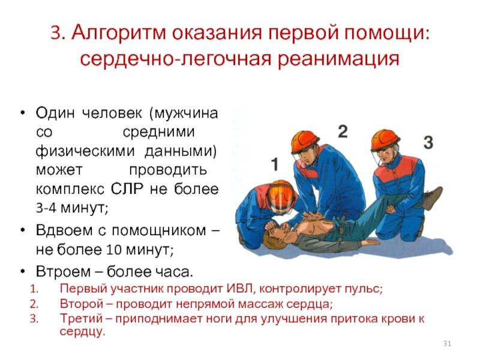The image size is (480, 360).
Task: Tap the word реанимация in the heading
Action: (338, 58)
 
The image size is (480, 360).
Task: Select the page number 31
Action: (447, 343)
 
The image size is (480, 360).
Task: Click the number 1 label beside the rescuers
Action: (275, 164)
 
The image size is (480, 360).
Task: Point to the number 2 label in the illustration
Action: (343, 131)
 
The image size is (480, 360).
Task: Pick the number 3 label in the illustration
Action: (428, 142)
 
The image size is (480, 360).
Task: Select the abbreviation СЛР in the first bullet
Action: (127, 189)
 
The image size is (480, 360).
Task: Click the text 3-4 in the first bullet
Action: (46, 208)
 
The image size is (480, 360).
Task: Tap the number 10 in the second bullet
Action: (114, 250)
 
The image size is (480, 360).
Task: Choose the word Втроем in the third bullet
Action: (64, 271)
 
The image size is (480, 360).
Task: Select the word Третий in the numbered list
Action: (82, 319)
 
